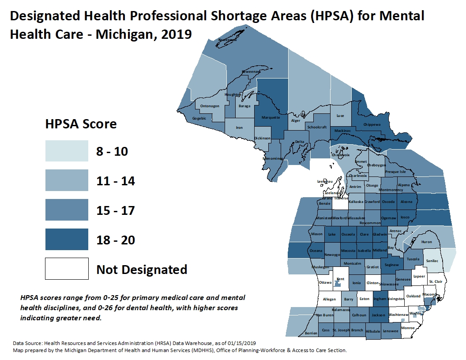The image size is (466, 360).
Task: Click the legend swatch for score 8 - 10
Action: click(x=67, y=151)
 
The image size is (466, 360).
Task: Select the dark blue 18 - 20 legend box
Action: click(x=67, y=240)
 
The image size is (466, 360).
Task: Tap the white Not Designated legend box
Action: click(x=67, y=269)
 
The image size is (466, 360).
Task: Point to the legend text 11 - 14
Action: click(x=116, y=181)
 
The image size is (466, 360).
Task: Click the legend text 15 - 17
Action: click(x=116, y=210)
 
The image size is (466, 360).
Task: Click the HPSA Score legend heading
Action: click(x=81, y=124)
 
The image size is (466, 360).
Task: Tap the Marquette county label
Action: click(x=271, y=117)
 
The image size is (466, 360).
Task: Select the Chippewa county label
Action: click(x=372, y=124)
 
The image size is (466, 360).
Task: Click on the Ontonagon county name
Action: click(x=210, y=106)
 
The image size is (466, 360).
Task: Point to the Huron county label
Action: click(x=427, y=242)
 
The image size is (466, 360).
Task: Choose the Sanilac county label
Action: click(x=433, y=261)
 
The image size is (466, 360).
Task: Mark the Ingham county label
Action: click(x=380, y=299)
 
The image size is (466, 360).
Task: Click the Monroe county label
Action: click(x=408, y=328)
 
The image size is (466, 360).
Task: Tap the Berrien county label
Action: click(x=311, y=333)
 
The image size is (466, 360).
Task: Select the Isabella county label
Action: click(x=364, y=251)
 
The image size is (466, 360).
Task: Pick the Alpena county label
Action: click(x=404, y=185)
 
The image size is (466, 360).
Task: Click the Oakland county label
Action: click(x=413, y=296)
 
